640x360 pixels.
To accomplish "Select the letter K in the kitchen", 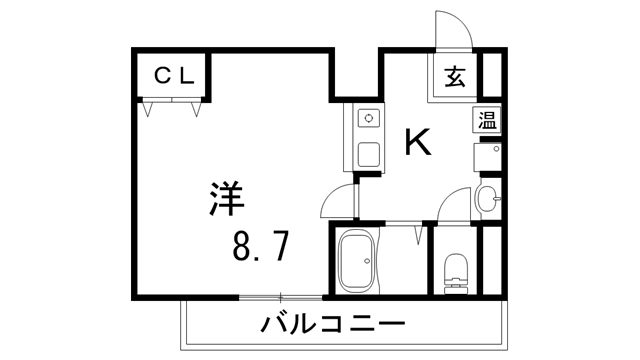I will click(417, 143).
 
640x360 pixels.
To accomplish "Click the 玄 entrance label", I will click(455, 75).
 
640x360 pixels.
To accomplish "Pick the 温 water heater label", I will click(486, 122).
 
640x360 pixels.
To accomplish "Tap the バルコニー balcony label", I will click(333, 324).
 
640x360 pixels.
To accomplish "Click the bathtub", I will click(357, 260).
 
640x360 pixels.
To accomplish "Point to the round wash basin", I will click(488, 198).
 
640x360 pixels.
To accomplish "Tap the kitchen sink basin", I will click(367, 156).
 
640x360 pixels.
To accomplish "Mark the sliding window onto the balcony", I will click(281, 297).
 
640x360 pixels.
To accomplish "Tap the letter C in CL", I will click(163, 74).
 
